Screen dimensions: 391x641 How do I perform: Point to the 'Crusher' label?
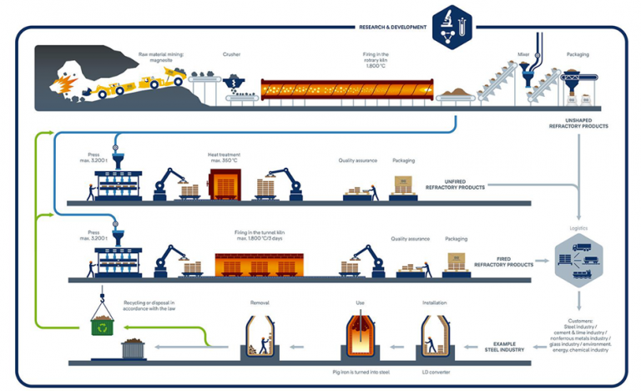tap(232, 54)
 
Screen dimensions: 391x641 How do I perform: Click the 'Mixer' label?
tap(523, 54)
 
